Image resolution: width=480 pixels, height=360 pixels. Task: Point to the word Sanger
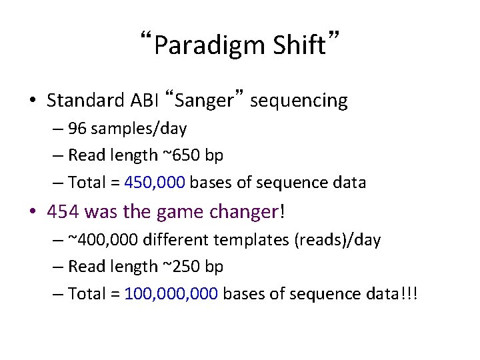point(207,101)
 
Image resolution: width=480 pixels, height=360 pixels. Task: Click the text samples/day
point(139,128)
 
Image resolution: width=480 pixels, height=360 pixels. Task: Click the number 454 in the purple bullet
point(63,212)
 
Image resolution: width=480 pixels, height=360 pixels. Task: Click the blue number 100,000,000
point(171,294)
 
